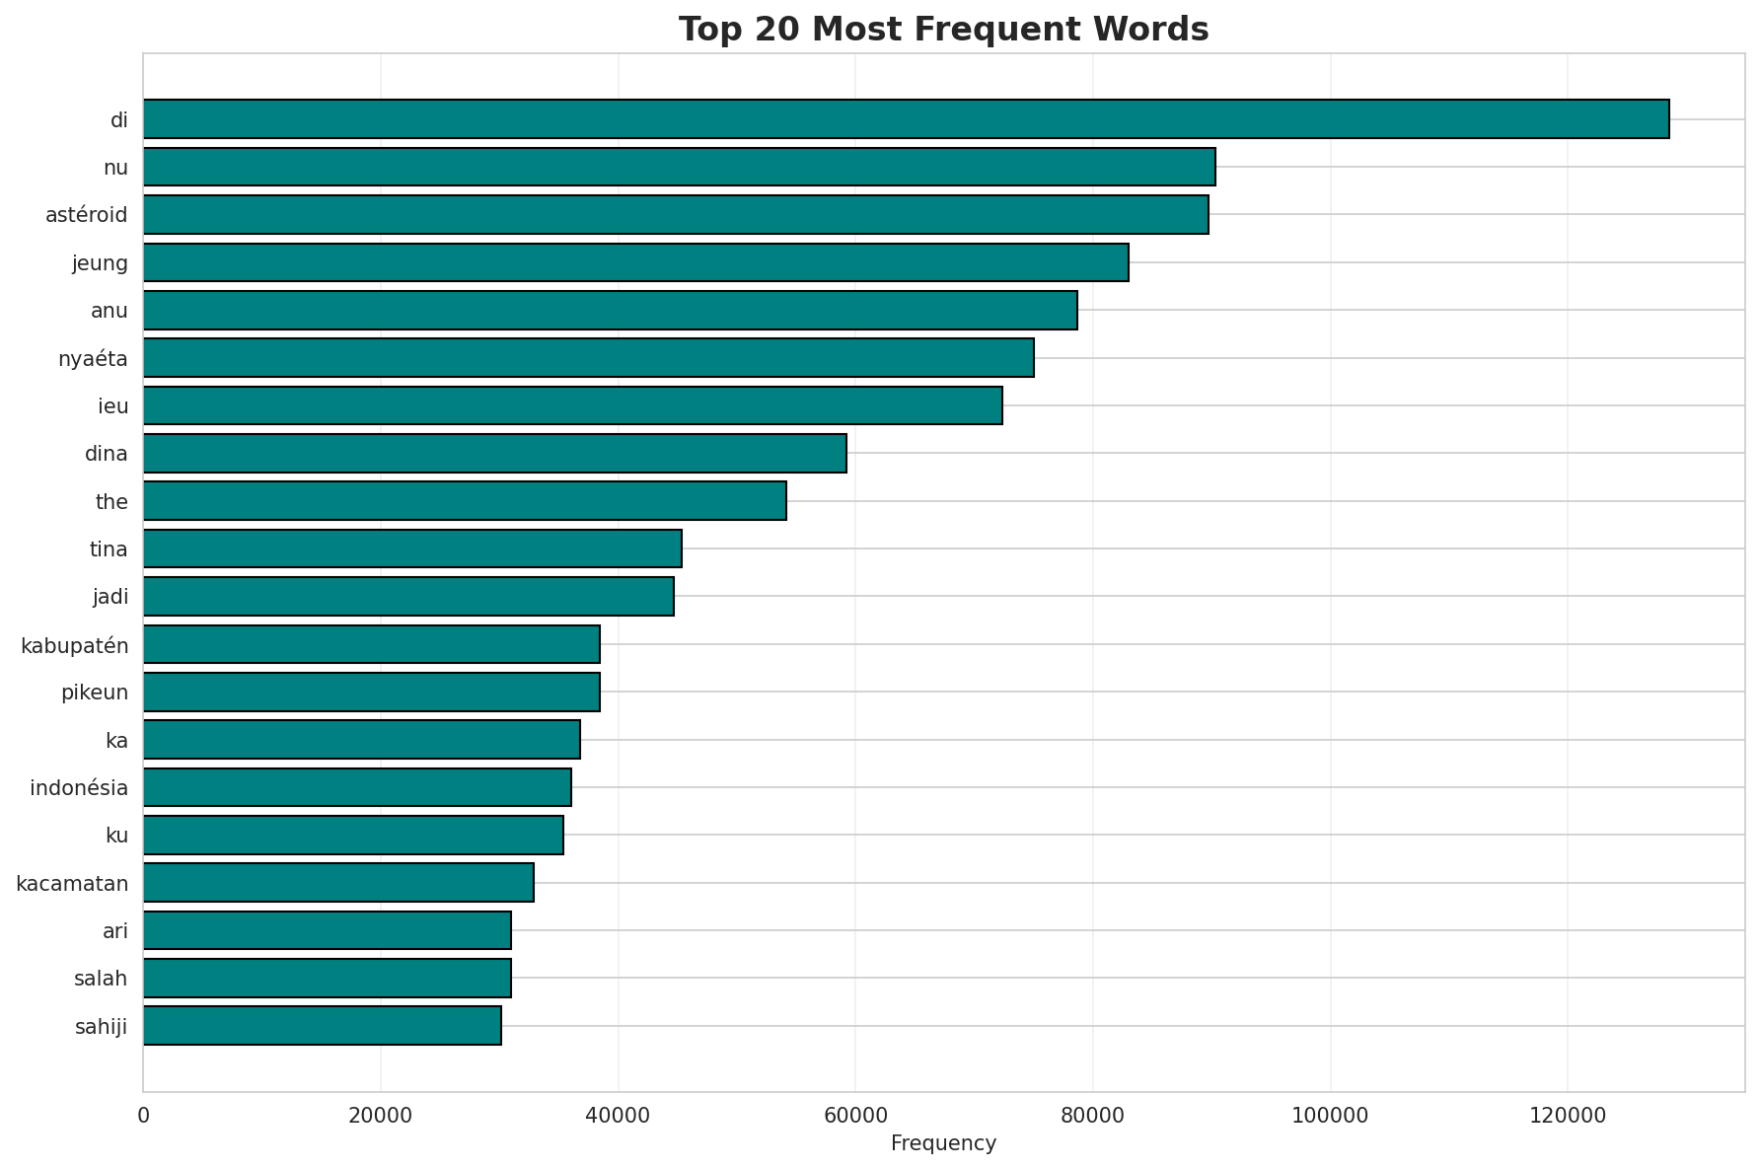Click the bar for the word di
[x=906, y=119]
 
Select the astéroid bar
[x=676, y=215]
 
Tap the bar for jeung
[x=635, y=262]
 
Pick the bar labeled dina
[x=494, y=454]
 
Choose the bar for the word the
[x=465, y=501]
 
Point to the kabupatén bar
[x=371, y=644]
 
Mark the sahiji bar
[x=322, y=1026]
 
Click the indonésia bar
[x=357, y=787]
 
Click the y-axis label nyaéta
[x=93, y=359]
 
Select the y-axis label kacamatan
[x=72, y=884]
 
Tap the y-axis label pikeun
[x=95, y=693]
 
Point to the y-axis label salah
[x=101, y=979]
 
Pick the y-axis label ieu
[x=113, y=406]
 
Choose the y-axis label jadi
[x=110, y=597]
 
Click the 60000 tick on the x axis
[x=855, y=1116]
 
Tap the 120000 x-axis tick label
[x=1568, y=1116]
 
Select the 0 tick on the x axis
[x=144, y=1116]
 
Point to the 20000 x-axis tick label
[x=381, y=1116]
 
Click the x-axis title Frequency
[x=943, y=1143]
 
